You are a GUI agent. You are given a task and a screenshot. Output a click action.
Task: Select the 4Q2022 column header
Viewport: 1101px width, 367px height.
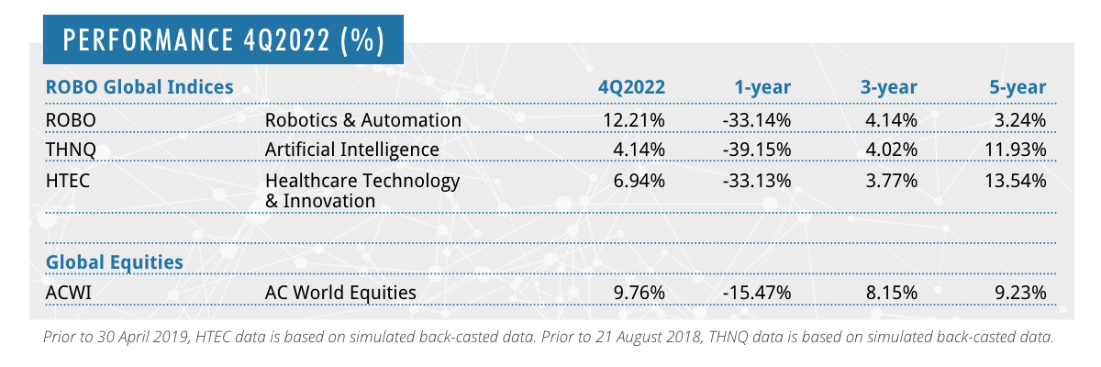point(631,88)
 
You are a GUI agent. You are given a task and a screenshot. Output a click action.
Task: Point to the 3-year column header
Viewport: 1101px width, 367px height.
point(888,88)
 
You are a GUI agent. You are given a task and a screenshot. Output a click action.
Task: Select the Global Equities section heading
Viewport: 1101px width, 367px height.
point(115,262)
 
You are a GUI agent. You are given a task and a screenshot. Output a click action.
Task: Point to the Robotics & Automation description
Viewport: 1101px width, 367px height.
point(362,120)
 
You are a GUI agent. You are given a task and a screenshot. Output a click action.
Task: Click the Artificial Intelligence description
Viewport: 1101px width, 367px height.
point(352,149)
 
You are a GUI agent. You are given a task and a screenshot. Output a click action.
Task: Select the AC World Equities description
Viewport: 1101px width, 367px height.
point(340,293)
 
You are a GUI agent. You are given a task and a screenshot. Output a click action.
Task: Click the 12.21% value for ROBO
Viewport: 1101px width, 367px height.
point(633,120)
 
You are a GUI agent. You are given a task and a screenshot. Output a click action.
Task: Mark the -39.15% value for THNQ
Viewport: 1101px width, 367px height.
point(757,149)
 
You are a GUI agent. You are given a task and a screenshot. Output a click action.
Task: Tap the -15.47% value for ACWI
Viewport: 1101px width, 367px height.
point(757,293)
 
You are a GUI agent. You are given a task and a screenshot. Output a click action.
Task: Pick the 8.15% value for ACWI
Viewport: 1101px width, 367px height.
point(891,293)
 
